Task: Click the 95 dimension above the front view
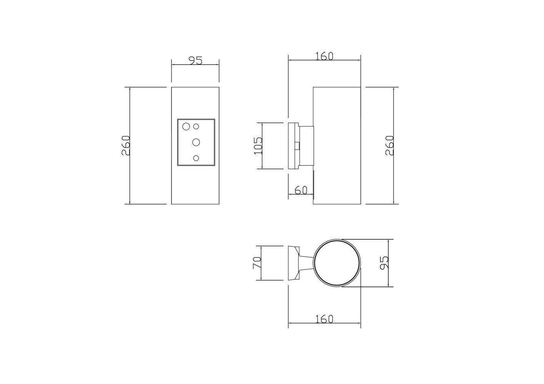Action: (x=195, y=60)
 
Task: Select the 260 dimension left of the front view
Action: (x=126, y=146)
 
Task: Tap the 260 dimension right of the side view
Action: (x=389, y=146)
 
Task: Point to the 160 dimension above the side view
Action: (x=324, y=56)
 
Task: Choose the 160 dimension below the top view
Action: (x=324, y=319)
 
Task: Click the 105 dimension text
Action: (x=258, y=146)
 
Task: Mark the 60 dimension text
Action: (x=301, y=190)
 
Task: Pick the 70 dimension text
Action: (x=257, y=263)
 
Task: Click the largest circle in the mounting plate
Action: (x=186, y=126)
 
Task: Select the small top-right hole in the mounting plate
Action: (x=196, y=126)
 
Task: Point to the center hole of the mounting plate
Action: (x=196, y=142)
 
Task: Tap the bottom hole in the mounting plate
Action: (x=196, y=158)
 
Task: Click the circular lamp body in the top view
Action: (x=337, y=263)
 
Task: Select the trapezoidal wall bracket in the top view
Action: (x=294, y=263)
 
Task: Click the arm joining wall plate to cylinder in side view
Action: (x=306, y=146)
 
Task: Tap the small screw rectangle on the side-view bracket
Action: (x=298, y=146)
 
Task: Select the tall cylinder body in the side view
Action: (x=337, y=146)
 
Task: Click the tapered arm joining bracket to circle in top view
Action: (x=307, y=263)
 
